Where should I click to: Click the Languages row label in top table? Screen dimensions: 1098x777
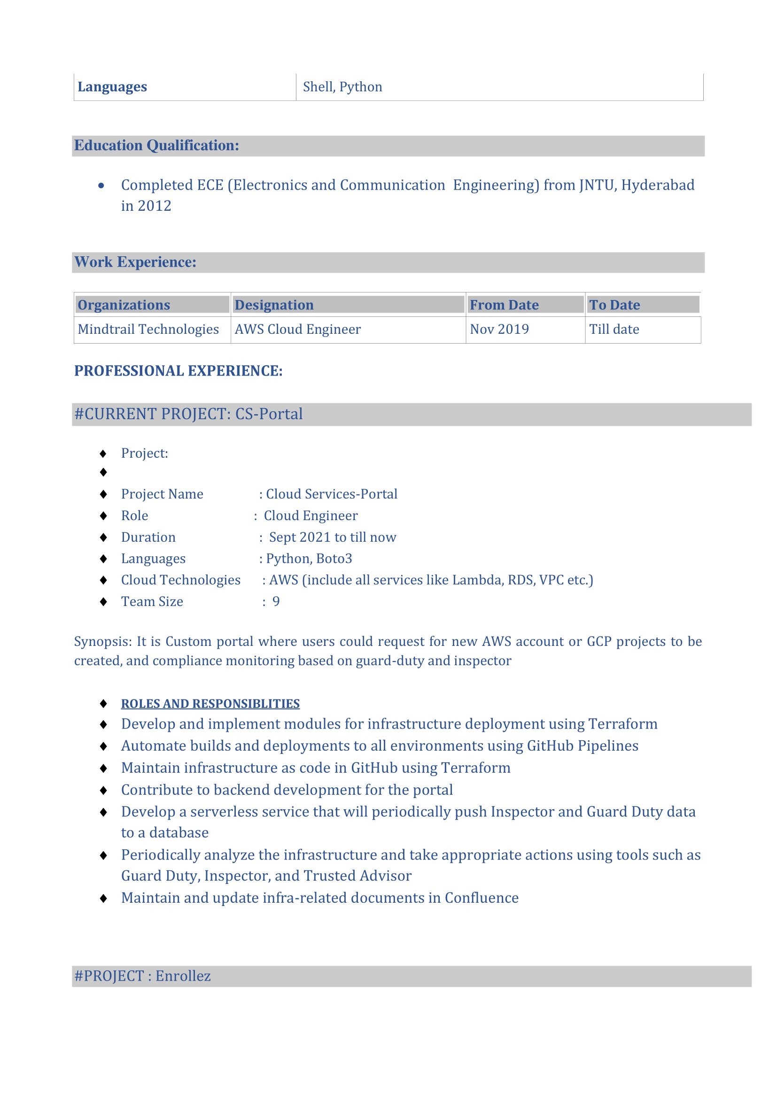112,87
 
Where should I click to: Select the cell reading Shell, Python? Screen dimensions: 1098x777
342,87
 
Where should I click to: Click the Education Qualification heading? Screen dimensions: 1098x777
156,146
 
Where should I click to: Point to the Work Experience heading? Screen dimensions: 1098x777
135,262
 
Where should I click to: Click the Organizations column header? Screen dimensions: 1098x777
124,305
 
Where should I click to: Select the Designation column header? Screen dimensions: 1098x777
274,305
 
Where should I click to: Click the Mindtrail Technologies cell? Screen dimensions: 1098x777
148,329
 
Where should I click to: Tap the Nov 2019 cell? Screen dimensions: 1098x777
499,329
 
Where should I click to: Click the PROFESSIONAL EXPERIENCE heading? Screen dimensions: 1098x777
178,371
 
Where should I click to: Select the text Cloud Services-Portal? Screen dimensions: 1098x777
331,493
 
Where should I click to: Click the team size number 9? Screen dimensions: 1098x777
276,601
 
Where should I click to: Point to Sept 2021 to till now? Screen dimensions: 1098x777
332,537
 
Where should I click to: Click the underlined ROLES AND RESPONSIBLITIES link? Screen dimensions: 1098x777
210,704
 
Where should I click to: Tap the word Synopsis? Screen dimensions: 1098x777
102,641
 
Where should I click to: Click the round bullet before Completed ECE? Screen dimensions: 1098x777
101,185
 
